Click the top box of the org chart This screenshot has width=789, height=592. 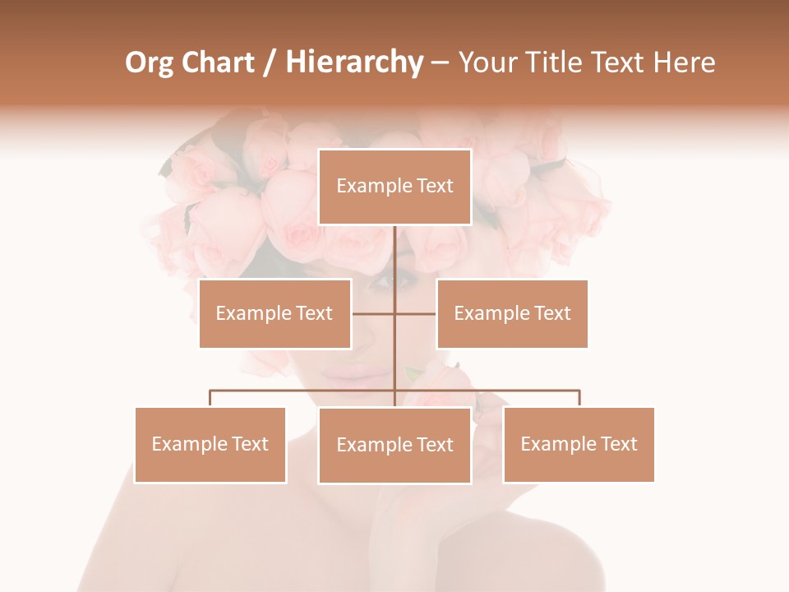pyautogui.click(x=394, y=187)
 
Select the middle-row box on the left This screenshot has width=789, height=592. pyautogui.click(x=275, y=313)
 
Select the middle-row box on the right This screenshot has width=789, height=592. pyautogui.click(x=512, y=313)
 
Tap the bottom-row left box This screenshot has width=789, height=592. pyautogui.click(x=210, y=445)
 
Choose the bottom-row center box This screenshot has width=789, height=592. pyautogui.click(x=394, y=446)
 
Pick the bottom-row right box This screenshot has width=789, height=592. pyautogui.click(x=579, y=445)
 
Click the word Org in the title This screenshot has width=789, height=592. pyautogui.click(x=148, y=62)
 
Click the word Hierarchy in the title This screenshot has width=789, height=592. pyautogui.click(x=354, y=62)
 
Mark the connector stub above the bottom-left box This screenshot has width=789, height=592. pyautogui.click(x=210, y=399)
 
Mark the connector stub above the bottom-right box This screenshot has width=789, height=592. pyautogui.click(x=579, y=399)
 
